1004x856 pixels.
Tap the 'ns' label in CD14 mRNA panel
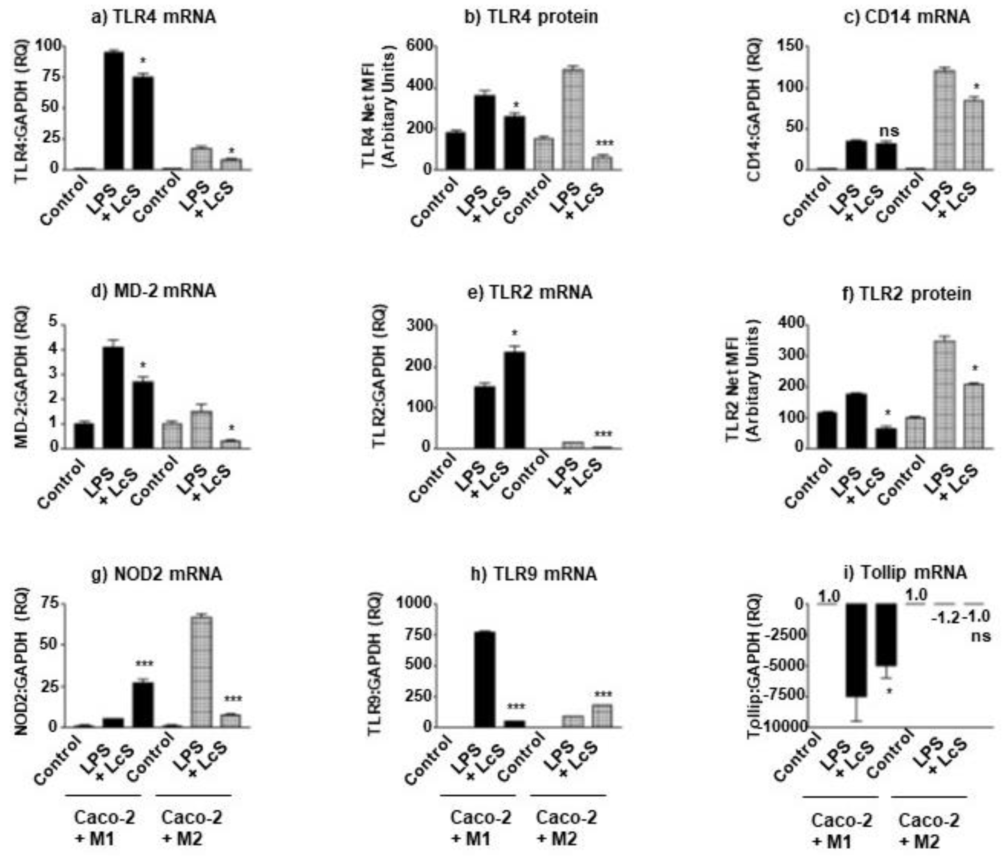coord(889,131)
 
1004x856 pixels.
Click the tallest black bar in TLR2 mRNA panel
coord(514,399)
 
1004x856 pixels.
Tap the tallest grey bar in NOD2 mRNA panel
coord(201,672)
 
